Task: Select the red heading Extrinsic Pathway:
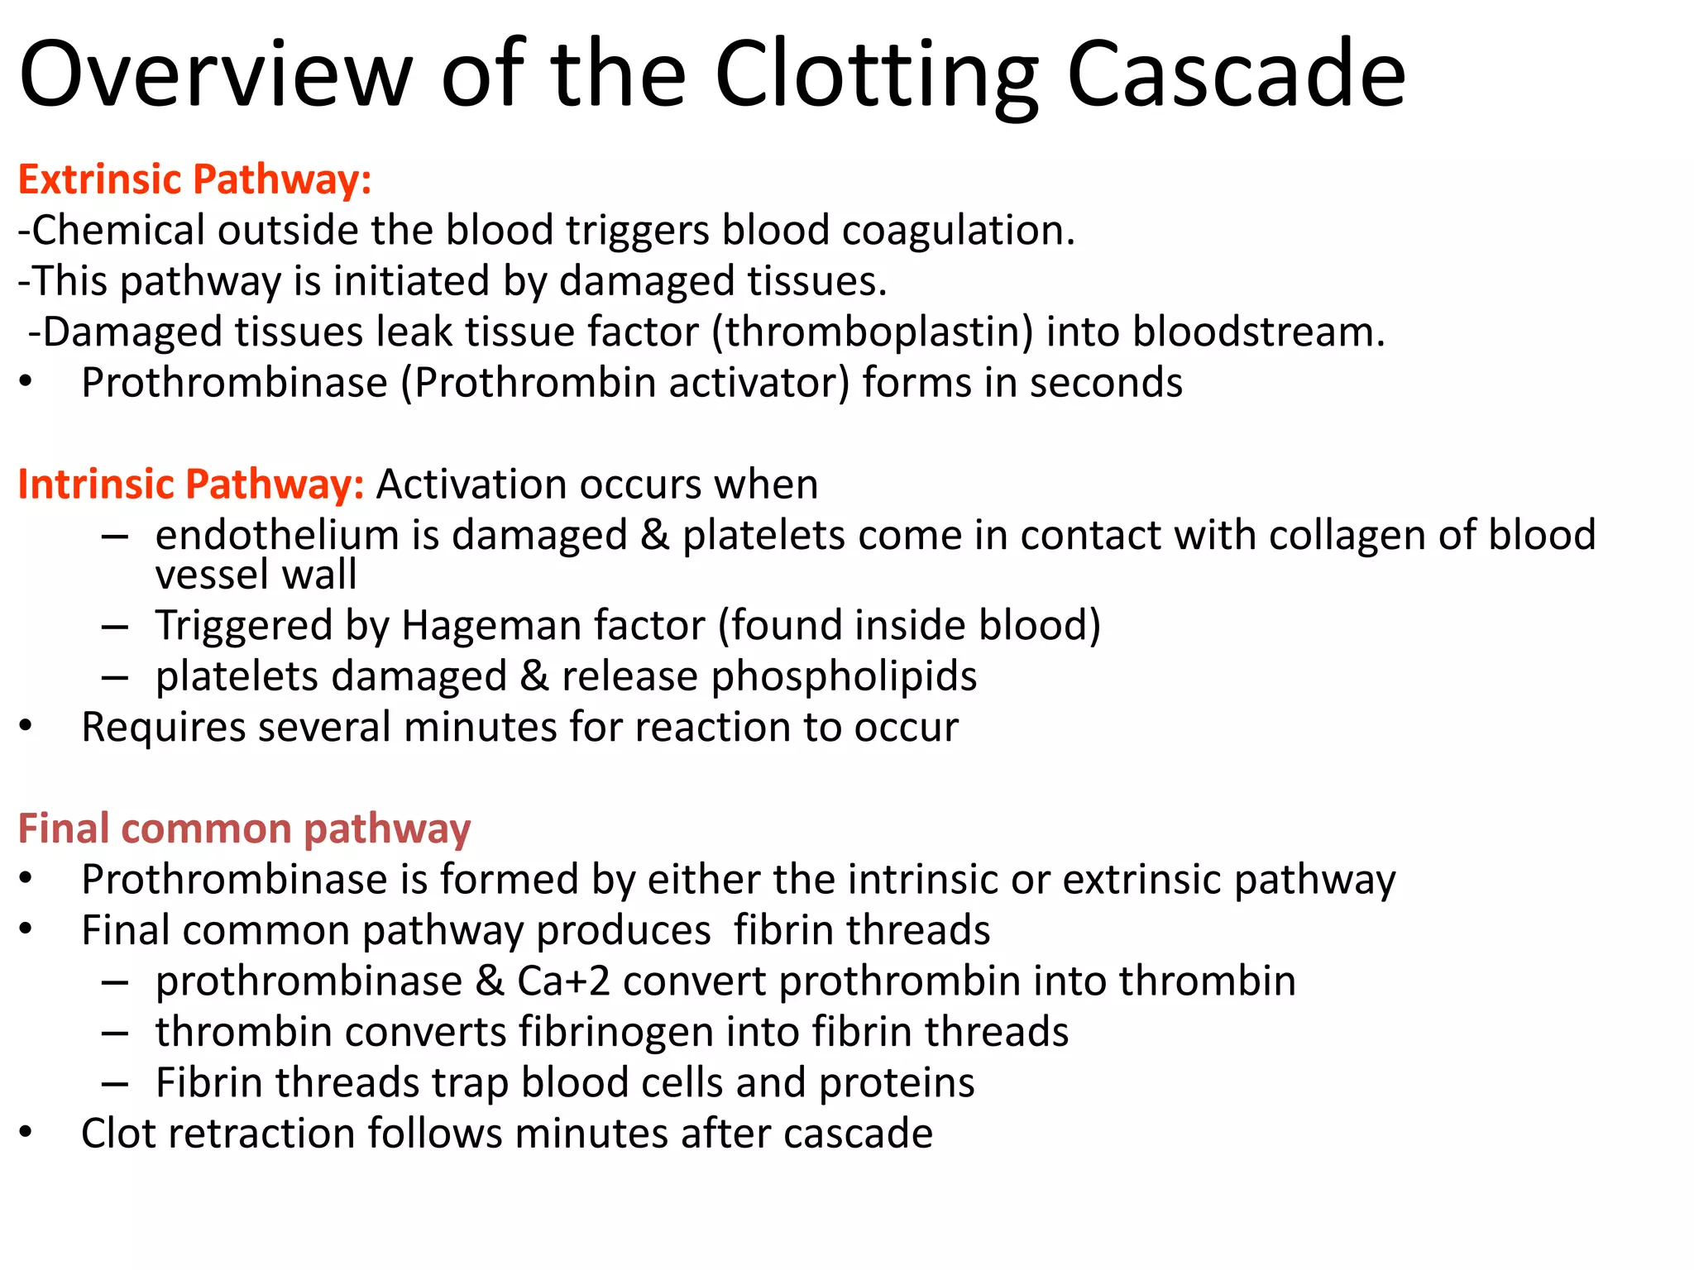click(x=194, y=179)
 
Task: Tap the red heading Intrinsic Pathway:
click(x=191, y=485)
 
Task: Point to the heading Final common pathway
click(x=244, y=828)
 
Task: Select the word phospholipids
click(x=844, y=677)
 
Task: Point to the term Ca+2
click(x=563, y=981)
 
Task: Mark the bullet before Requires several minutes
click(x=26, y=727)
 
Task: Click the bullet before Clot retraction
click(x=26, y=1133)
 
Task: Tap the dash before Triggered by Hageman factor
click(x=115, y=627)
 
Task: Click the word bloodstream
click(x=1257, y=332)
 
